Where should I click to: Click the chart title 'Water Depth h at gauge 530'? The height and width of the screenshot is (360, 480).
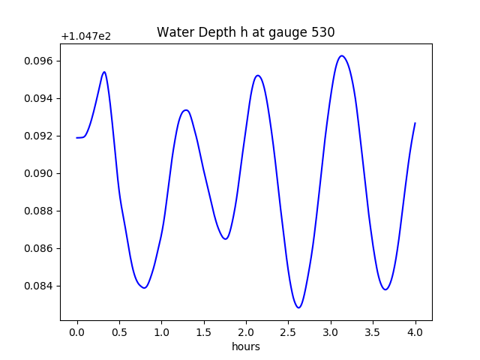tap(245, 32)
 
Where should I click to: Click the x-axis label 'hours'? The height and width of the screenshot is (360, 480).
tap(245, 346)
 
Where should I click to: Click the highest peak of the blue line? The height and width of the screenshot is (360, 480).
tap(342, 55)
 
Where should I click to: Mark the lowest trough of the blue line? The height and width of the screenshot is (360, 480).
tap(298, 307)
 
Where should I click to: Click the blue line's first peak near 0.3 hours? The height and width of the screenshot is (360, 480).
tap(104, 72)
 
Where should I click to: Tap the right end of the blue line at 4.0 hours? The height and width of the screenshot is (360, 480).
tap(415, 123)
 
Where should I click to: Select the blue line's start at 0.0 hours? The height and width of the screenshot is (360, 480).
tap(76, 137)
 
